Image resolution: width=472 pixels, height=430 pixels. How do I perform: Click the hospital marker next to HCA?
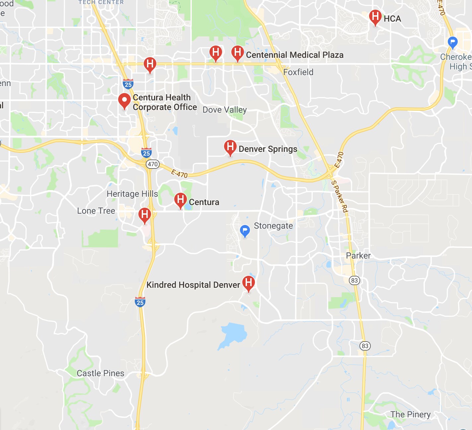click(375, 17)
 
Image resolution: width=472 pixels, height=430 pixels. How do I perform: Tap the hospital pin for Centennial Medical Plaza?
click(238, 53)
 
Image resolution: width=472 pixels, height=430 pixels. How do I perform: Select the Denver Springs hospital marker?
click(230, 147)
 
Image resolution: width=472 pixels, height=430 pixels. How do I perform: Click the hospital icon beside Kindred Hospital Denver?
click(249, 283)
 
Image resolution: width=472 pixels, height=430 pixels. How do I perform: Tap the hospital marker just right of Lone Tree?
click(145, 215)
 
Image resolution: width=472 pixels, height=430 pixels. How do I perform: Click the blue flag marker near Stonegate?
click(245, 230)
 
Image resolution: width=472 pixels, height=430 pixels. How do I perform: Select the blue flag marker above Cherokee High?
click(452, 42)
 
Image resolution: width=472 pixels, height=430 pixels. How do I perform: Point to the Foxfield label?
click(298, 72)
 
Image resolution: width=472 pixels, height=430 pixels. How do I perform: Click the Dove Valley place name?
click(225, 110)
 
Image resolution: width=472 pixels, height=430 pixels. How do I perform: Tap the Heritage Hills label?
click(132, 194)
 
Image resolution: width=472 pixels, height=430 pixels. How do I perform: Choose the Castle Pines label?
click(100, 373)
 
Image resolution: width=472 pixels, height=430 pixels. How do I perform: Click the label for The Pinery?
click(410, 414)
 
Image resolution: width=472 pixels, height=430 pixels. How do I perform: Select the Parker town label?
click(358, 256)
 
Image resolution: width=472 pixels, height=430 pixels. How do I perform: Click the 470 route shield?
click(153, 164)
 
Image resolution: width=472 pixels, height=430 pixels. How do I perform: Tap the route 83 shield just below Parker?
click(354, 280)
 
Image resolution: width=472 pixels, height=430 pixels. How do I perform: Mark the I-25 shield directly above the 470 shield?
click(146, 153)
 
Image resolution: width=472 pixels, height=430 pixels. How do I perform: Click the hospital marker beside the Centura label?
click(181, 200)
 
